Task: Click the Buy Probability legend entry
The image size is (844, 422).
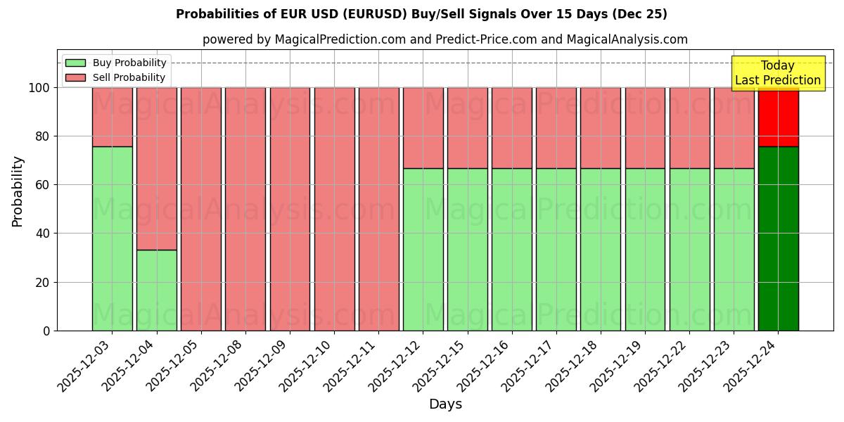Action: tap(115, 63)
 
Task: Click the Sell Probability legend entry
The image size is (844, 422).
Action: tap(115, 77)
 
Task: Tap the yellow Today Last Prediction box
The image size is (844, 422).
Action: tap(778, 73)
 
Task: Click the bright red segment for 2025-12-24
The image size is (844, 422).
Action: tap(778, 117)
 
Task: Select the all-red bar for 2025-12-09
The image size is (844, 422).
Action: tap(290, 209)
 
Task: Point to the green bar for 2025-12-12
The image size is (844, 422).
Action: tap(423, 249)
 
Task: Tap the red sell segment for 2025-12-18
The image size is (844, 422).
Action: tap(600, 127)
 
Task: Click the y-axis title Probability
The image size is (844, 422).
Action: tap(18, 191)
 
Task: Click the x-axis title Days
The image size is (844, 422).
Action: tap(445, 404)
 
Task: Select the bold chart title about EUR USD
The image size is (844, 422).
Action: tap(421, 14)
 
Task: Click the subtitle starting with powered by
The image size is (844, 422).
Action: tap(445, 39)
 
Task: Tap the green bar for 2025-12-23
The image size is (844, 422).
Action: tap(734, 249)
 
